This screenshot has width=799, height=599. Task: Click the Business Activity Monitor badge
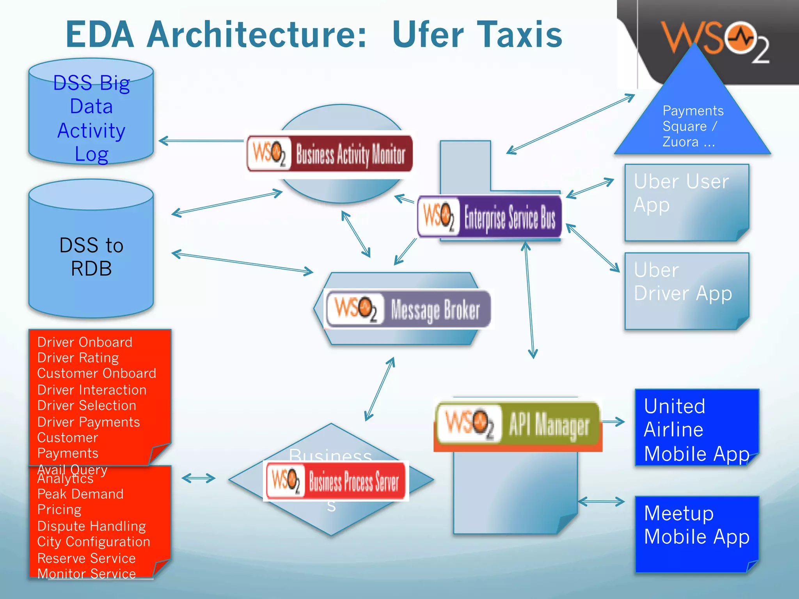[330, 154]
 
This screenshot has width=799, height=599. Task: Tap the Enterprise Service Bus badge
[490, 217]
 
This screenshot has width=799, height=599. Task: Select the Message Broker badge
[408, 309]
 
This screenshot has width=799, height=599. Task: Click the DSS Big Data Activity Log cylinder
[91, 113]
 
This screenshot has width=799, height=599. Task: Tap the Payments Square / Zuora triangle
[692, 125]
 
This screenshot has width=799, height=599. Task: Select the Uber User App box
[687, 203]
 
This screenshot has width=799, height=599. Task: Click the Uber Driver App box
[687, 291]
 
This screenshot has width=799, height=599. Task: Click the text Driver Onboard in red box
[85, 342]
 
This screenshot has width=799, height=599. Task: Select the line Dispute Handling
[92, 526]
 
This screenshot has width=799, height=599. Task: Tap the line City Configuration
[94, 542]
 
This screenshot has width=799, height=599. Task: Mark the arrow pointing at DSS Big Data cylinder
[201, 141]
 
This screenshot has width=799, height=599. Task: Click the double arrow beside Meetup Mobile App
[601, 502]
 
